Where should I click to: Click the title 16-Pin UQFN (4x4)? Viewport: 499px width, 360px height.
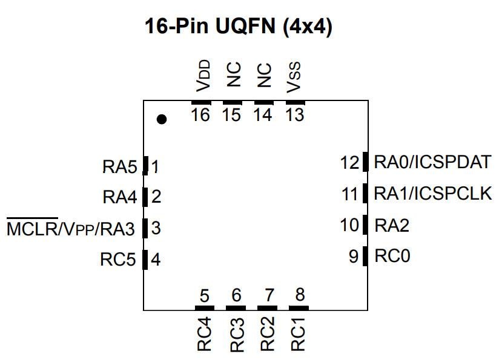(x=239, y=27)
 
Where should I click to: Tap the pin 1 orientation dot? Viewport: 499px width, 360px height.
(x=161, y=119)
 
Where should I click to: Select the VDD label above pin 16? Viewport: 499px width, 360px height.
(x=204, y=75)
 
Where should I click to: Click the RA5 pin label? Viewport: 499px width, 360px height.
(x=120, y=167)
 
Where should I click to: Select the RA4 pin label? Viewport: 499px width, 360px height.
(x=120, y=197)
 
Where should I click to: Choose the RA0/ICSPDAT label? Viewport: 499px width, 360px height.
(x=432, y=162)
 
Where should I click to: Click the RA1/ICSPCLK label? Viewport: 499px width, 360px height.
(x=432, y=194)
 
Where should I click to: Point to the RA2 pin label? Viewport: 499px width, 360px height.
(x=392, y=226)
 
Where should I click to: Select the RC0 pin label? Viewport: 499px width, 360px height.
(x=392, y=256)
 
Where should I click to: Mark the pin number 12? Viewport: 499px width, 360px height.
(x=350, y=163)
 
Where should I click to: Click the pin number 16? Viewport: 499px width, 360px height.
(x=200, y=114)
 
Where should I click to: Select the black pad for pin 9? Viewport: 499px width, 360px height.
(x=365, y=256)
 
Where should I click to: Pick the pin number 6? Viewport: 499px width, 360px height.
(x=236, y=296)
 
